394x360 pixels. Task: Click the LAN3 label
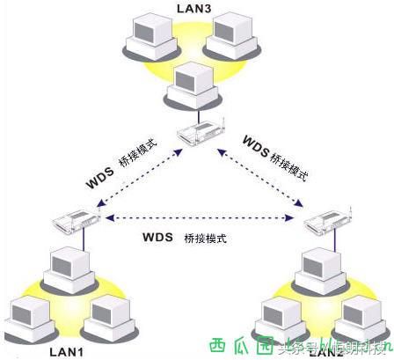[195, 8]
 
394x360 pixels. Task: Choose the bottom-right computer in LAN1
[110, 315]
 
